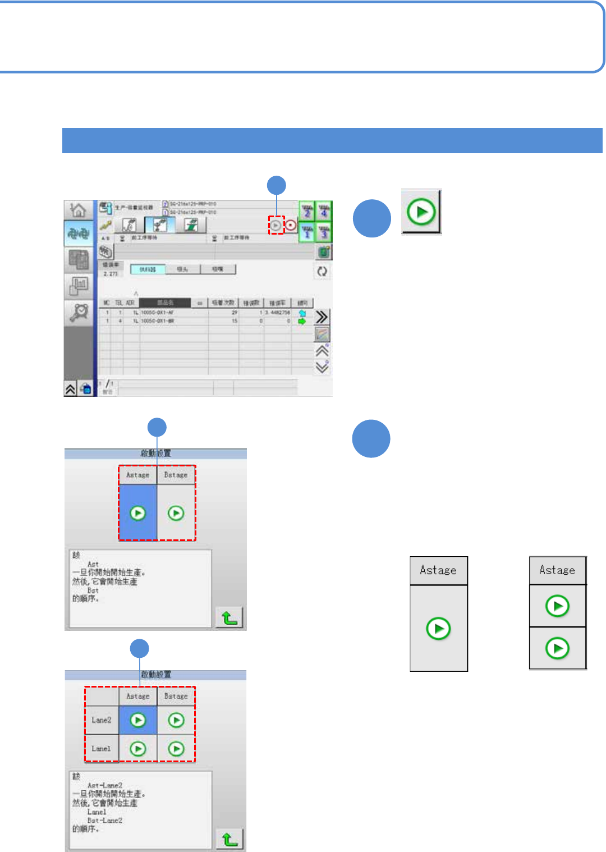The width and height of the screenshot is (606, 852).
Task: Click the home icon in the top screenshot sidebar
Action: pos(79,210)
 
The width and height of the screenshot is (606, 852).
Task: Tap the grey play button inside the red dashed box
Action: pos(276,225)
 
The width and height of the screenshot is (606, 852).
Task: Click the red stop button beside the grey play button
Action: pos(291,225)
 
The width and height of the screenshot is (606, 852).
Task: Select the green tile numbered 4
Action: pos(324,211)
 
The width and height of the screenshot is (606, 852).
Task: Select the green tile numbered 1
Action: pos(307,231)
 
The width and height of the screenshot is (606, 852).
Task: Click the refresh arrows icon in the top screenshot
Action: pos(322,271)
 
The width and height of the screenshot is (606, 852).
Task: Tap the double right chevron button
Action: pos(322,317)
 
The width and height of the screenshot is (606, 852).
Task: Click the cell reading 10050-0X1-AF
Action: pos(158,313)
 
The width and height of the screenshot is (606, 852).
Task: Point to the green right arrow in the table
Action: pos(302,322)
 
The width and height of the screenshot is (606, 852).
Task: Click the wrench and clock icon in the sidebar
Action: pos(79,312)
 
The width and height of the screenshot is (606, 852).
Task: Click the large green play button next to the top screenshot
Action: pos(421,212)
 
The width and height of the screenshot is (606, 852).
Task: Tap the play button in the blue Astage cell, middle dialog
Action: pos(137,513)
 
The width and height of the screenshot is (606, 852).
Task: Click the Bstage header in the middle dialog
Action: pos(176,475)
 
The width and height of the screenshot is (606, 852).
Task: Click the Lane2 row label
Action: pos(102,720)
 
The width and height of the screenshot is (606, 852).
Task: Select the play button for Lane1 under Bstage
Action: pos(176,749)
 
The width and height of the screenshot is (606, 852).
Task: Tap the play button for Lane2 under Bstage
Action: pos(176,720)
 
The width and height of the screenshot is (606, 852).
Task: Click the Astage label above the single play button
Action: pos(438,570)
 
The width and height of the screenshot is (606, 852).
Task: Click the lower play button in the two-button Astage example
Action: pos(557,648)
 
